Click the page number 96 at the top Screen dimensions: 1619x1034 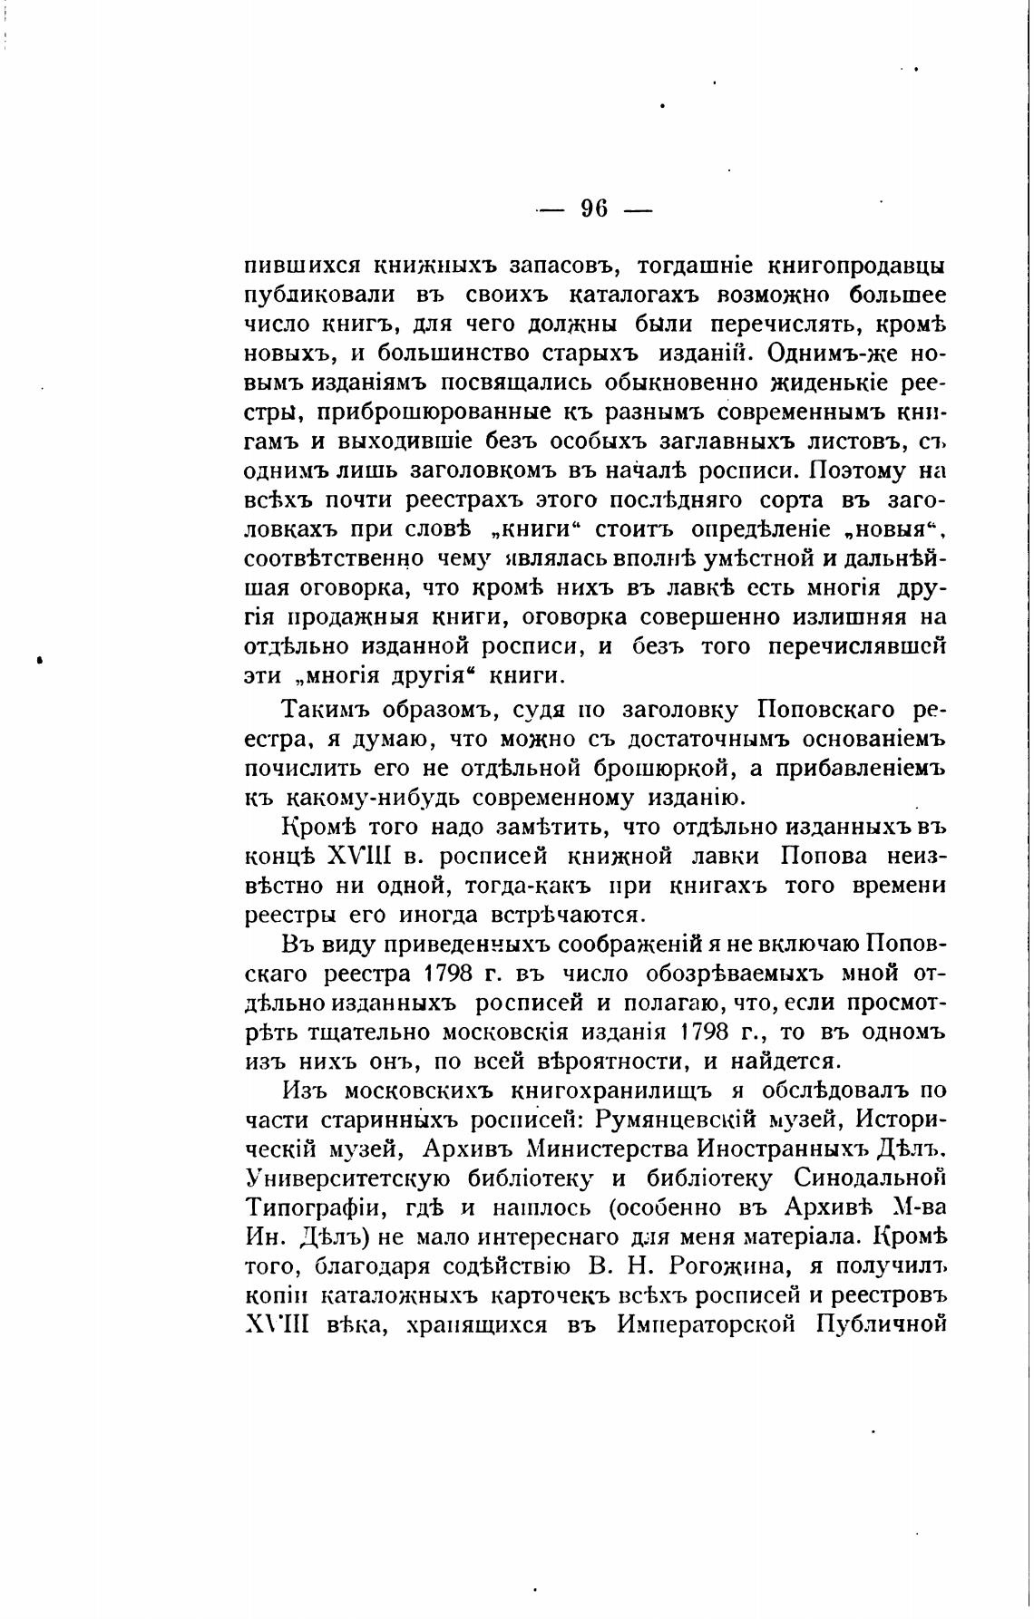(593, 209)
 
